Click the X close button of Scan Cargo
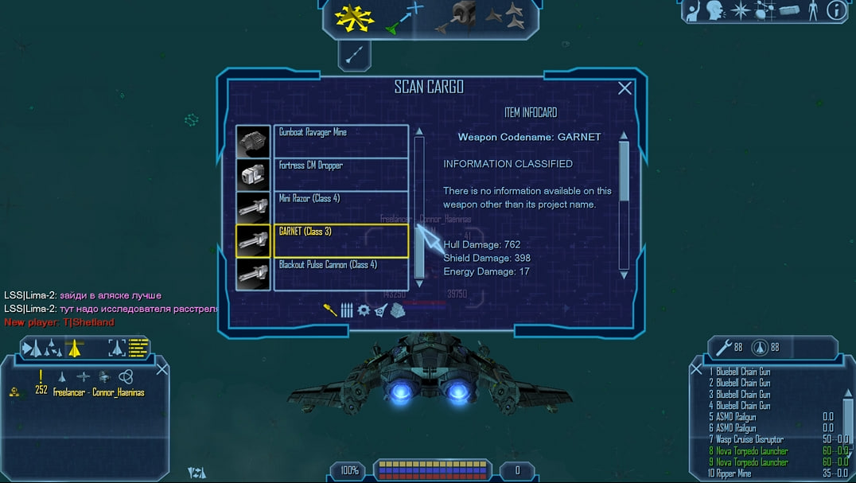click(624, 88)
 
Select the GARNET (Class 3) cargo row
click(340, 240)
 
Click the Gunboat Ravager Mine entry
click(340, 141)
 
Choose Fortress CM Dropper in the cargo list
click(340, 174)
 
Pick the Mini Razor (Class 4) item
click(340, 207)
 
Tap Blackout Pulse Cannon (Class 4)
click(340, 273)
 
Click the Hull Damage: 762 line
click(482, 245)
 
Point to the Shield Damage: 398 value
click(487, 259)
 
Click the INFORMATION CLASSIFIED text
click(508, 164)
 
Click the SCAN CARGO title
click(429, 88)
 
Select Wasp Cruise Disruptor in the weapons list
click(749, 439)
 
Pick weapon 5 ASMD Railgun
click(736, 416)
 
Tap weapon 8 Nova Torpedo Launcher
click(752, 451)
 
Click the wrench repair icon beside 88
click(723, 348)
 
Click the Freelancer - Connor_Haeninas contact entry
click(98, 391)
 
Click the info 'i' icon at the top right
click(836, 10)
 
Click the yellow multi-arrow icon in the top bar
click(354, 17)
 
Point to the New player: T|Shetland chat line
click(59, 322)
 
